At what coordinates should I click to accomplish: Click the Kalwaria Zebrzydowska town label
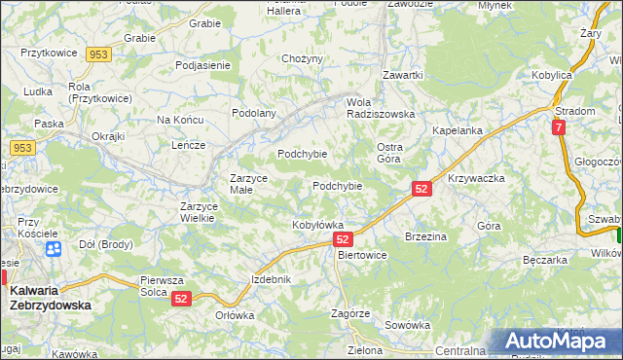tap(50, 297)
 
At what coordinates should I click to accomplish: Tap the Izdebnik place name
tap(272, 279)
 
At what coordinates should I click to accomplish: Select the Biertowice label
tap(361, 255)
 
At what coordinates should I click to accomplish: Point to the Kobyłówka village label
tap(318, 226)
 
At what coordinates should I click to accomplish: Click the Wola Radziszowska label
tap(381, 107)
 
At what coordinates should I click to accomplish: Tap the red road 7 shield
tap(558, 127)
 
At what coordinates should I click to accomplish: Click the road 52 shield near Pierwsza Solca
tap(182, 301)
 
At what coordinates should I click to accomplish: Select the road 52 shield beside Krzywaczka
tap(421, 189)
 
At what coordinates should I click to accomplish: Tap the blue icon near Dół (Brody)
tap(54, 248)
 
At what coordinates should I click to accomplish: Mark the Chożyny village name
tap(302, 59)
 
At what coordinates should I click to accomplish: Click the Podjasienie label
tap(202, 65)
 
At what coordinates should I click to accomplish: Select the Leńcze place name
tap(188, 145)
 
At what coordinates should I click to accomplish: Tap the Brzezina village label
tap(425, 236)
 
